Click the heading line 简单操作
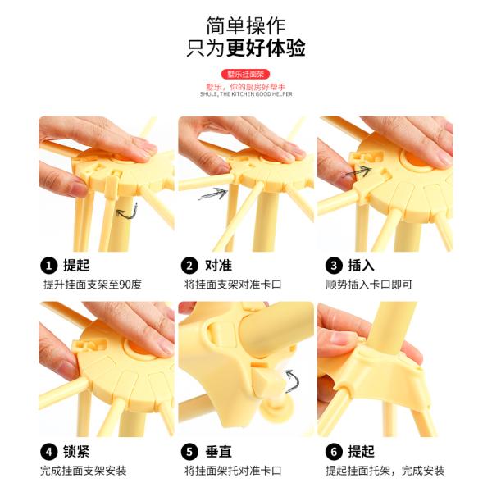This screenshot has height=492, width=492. (246, 22)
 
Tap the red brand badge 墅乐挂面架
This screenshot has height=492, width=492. (245, 74)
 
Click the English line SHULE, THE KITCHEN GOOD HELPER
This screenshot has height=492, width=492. (245, 94)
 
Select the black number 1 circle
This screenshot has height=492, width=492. (48, 265)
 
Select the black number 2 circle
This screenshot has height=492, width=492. (189, 265)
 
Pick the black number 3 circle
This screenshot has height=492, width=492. (333, 265)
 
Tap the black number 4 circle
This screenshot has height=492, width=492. (48, 451)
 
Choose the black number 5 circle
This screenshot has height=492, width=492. (189, 451)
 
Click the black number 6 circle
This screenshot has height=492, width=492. (333, 451)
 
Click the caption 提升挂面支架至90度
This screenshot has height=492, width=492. (92, 285)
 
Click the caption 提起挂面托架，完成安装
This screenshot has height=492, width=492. (385, 471)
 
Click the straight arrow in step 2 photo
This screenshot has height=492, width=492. (212, 194)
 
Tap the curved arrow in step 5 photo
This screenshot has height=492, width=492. (291, 380)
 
